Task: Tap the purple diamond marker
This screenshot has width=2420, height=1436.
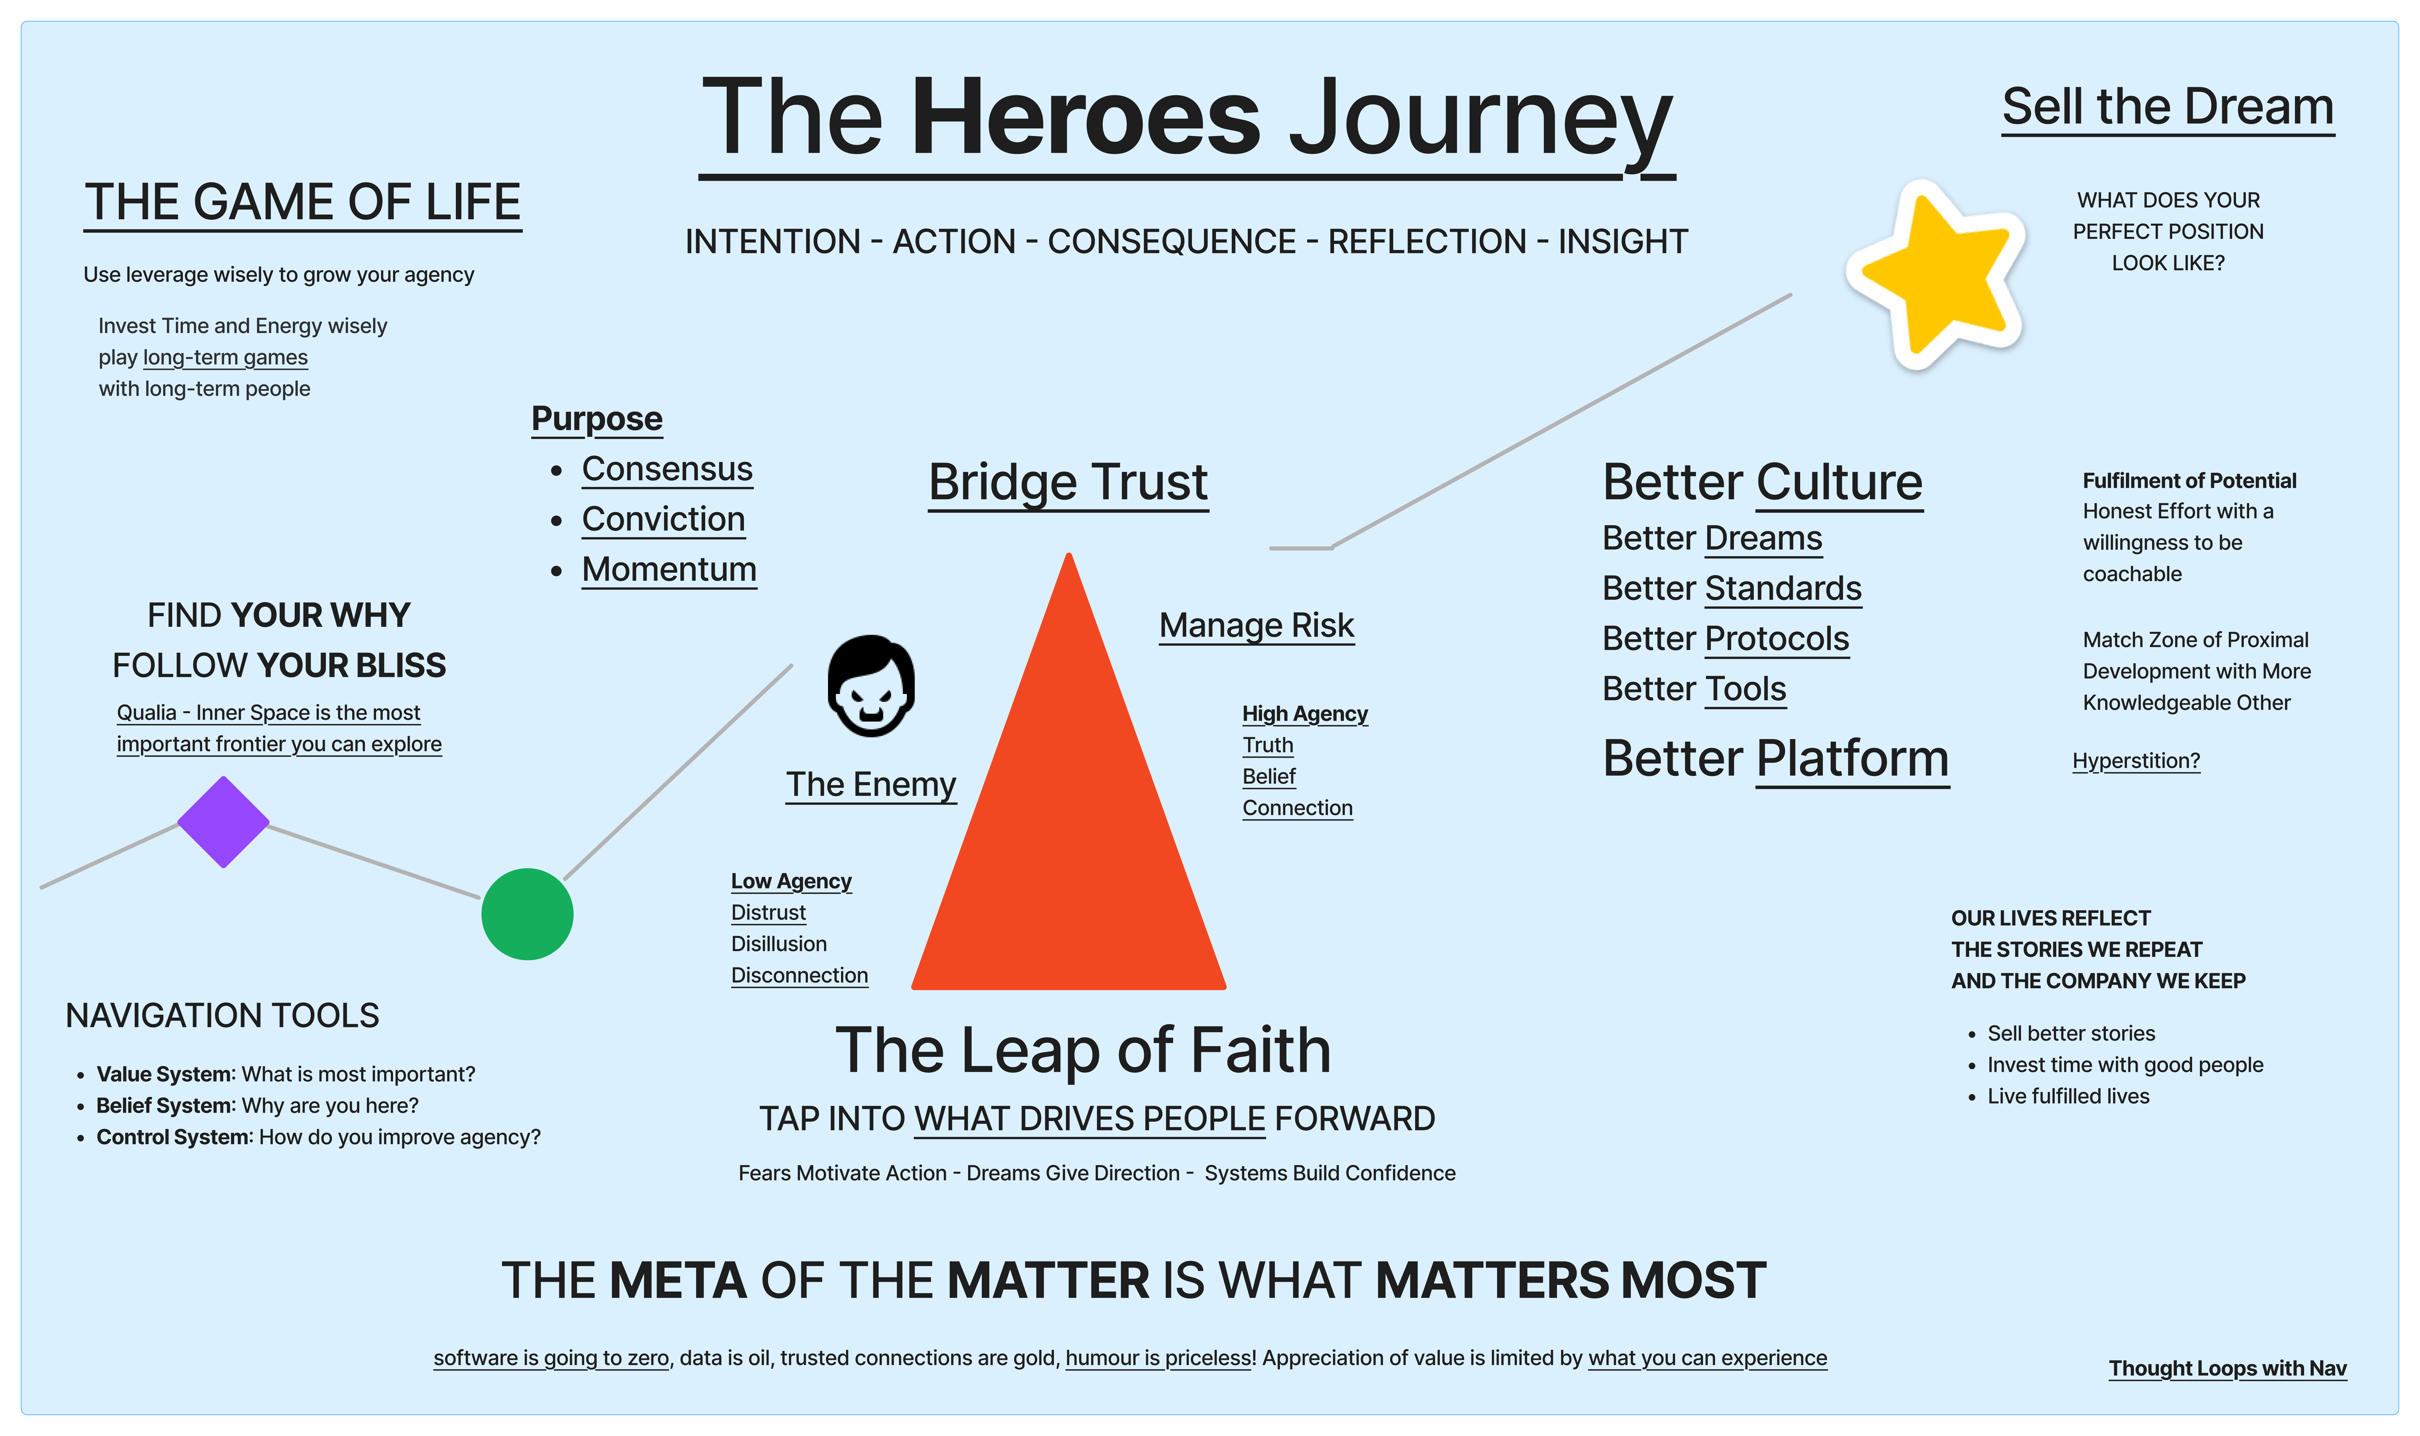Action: coord(223,822)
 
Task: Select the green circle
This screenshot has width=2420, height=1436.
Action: coord(527,913)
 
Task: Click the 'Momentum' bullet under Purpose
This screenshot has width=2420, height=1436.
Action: coord(669,569)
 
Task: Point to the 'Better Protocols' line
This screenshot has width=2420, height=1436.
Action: coord(1725,639)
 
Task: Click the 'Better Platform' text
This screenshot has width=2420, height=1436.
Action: coord(1775,759)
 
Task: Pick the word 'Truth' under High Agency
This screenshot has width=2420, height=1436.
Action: coord(1268,745)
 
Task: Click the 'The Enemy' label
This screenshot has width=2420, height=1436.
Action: coord(871,784)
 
